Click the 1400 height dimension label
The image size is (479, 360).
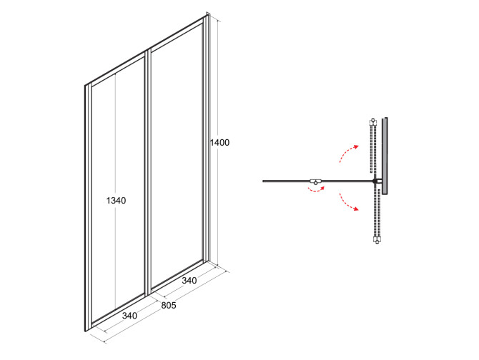click(x=219, y=142)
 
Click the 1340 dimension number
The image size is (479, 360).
click(x=116, y=201)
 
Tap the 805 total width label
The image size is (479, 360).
click(x=169, y=305)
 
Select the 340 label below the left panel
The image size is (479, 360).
click(x=129, y=316)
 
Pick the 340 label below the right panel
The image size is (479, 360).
click(x=189, y=280)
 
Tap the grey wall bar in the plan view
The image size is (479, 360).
click(x=385, y=156)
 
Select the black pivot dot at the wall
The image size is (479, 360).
click(x=375, y=181)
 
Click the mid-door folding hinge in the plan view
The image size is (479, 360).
click(x=316, y=181)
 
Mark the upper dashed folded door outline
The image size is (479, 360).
click(x=373, y=149)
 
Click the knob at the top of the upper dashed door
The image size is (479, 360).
click(x=373, y=121)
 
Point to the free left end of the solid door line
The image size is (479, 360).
click(x=263, y=181)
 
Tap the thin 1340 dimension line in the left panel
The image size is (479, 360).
click(x=115, y=191)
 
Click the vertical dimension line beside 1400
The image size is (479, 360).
click(x=217, y=143)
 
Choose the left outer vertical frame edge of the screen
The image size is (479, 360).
click(x=86, y=208)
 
